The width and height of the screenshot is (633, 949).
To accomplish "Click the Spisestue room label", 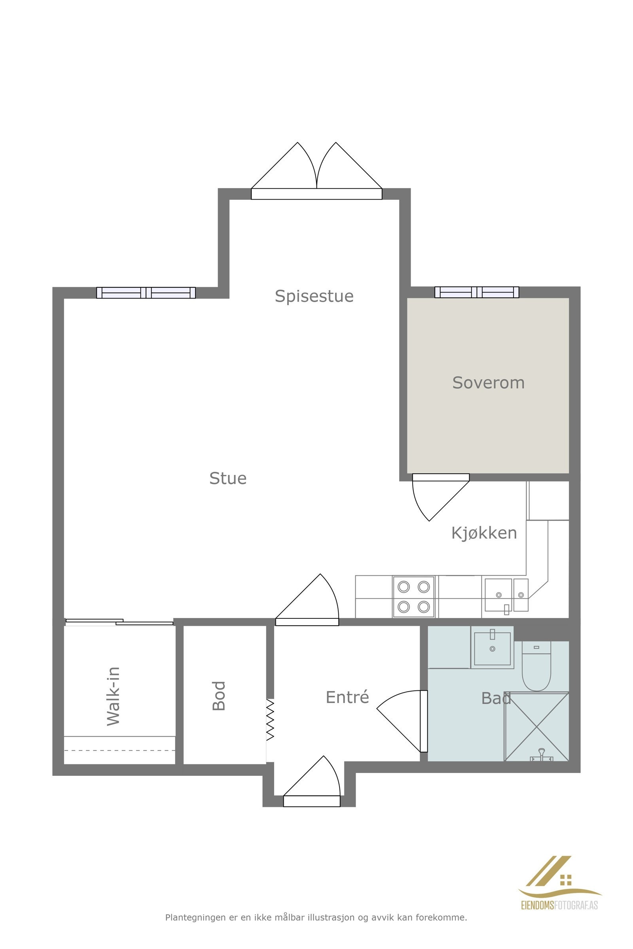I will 314,297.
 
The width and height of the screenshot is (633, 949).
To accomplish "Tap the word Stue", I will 228,478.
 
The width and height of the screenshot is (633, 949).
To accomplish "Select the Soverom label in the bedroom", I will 488,383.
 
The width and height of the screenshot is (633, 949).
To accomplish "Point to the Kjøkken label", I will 483,533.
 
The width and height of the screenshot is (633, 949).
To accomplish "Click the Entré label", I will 347,697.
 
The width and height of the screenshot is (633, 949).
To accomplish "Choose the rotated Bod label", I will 219,696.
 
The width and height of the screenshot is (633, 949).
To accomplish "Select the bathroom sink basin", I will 492,648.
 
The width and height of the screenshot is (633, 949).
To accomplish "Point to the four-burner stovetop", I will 413,597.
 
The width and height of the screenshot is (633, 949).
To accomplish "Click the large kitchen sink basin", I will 498,595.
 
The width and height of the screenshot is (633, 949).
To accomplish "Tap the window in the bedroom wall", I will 477,292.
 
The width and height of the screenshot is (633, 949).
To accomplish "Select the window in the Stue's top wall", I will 146,293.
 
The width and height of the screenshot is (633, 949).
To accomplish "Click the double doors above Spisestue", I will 316,178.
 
